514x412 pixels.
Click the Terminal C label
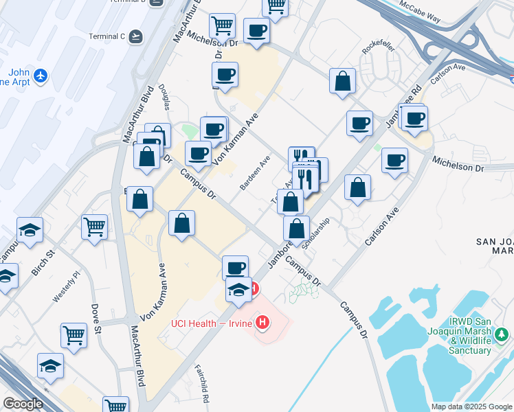click(x=106, y=36)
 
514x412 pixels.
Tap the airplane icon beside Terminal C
click(x=135, y=36)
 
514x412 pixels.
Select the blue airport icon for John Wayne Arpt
click(x=41, y=74)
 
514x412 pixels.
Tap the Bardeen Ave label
click(x=254, y=172)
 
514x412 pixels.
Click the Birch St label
click(x=43, y=264)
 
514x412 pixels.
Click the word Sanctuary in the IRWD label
click(x=470, y=350)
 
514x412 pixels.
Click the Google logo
click(x=23, y=404)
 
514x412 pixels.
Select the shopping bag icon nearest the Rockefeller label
click(x=342, y=82)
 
